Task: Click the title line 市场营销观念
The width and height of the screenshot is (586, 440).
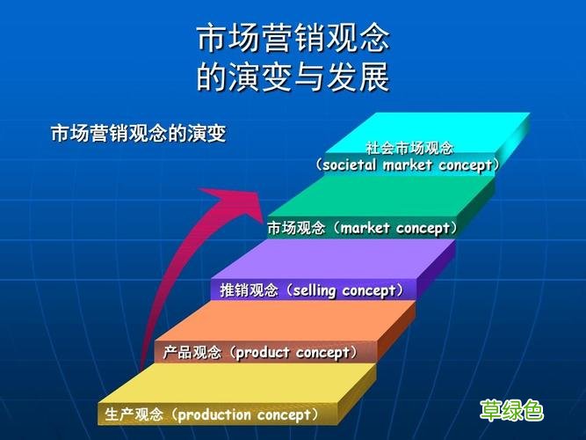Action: coord(293,39)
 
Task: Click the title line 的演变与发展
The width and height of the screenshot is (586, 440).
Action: coord(293,78)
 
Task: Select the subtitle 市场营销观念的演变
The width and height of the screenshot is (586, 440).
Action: coord(138,134)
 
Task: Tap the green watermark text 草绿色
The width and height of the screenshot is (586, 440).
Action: coord(511,409)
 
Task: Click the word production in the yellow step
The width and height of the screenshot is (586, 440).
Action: coord(216,414)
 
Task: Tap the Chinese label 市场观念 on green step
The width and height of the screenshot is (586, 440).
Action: coord(296,229)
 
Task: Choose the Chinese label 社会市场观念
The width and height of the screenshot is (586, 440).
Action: coord(409,149)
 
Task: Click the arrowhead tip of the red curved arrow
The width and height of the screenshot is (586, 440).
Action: coord(261,200)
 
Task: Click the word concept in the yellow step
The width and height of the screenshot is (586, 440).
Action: coord(283,414)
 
